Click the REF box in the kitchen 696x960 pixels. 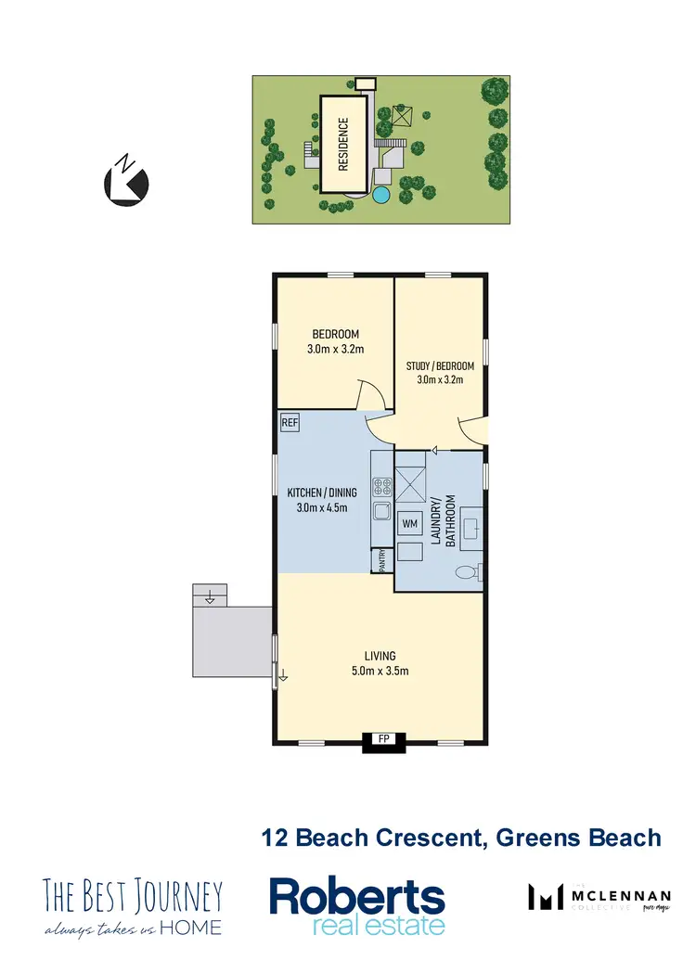(x=290, y=423)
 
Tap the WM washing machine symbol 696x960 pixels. (x=409, y=524)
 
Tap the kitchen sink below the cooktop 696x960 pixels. (x=380, y=511)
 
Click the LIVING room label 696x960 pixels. (x=380, y=657)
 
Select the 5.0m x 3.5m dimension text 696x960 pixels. (x=380, y=672)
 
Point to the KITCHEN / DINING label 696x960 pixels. (x=317, y=492)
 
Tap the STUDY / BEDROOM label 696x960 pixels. (x=440, y=365)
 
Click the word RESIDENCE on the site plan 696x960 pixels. (x=343, y=144)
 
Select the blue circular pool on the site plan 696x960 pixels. (x=380, y=195)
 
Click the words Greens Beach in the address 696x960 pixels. (x=579, y=838)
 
